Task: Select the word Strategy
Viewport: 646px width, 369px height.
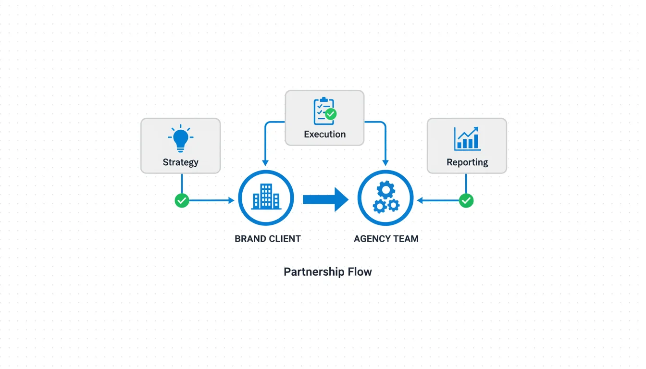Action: (x=181, y=162)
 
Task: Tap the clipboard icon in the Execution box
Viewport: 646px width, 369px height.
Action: (x=323, y=111)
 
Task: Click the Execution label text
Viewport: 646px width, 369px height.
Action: (x=325, y=135)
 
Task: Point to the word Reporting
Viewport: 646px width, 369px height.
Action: (x=467, y=162)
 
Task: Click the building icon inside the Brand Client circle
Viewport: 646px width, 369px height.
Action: (x=266, y=197)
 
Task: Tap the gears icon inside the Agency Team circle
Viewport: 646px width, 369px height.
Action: (x=385, y=197)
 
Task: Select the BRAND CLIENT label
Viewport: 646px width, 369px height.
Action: (x=268, y=239)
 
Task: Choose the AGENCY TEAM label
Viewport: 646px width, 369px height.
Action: (x=386, y=239)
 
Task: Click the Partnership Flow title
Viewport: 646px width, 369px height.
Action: (x=328, y=272)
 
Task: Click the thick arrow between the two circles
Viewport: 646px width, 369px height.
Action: (x=325, y=199)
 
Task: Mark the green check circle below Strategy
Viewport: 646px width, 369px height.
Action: (x=182, y=200)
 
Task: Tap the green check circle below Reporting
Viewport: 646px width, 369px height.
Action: (x=466, y=200)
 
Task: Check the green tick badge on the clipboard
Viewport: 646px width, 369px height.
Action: (x=331, y=114)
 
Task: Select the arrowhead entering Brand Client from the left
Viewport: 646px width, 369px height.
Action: (x=232, y=200)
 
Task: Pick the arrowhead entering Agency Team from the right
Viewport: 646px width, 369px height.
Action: (x=420, y=200)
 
